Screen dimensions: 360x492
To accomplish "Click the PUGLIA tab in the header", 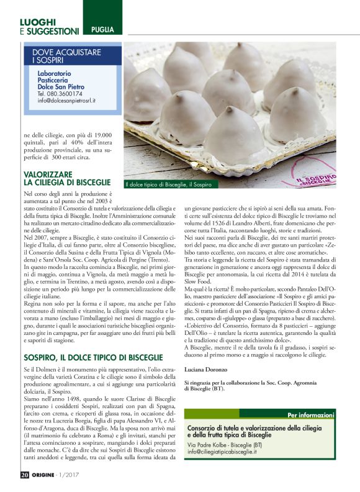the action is point(102,30).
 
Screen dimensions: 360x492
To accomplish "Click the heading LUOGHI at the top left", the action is point(37,22).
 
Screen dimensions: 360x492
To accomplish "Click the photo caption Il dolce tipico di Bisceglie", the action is point(169,184).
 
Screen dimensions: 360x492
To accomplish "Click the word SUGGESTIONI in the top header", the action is point(53,31).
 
